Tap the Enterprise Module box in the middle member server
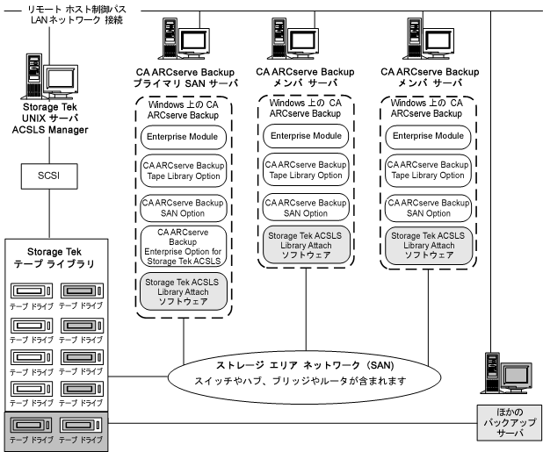[x=306, y=136]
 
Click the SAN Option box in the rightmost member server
[x=429, y=207]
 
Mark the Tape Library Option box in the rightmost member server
[x=429, y=169]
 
